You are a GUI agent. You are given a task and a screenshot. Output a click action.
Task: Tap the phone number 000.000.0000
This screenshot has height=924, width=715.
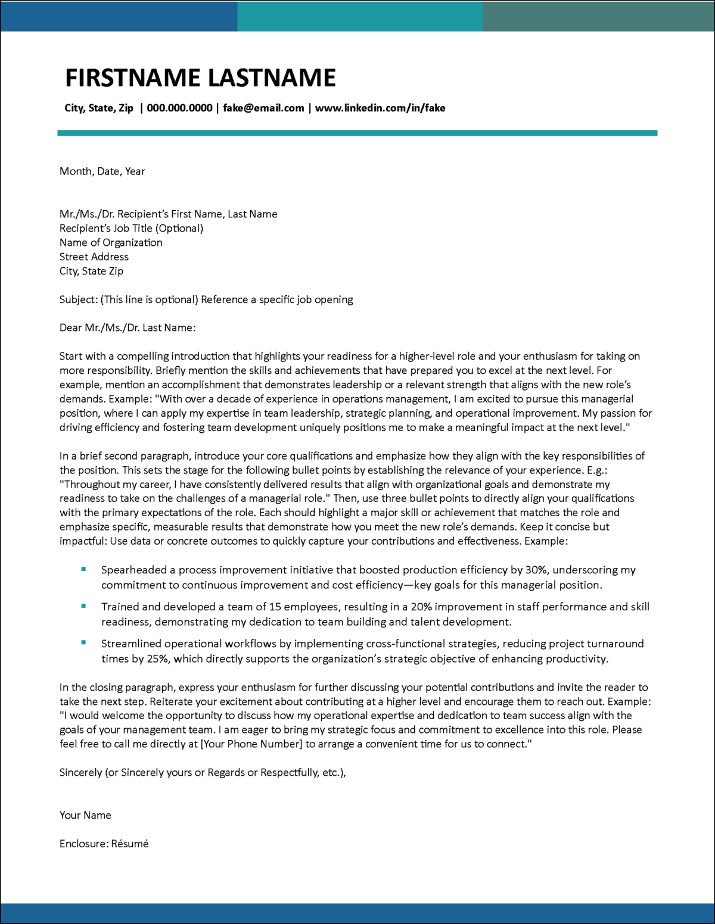pos(179,108)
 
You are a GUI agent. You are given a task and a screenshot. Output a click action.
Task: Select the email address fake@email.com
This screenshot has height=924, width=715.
pos(263,108)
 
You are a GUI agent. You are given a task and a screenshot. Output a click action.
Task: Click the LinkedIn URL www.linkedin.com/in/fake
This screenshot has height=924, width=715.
pos(380,108)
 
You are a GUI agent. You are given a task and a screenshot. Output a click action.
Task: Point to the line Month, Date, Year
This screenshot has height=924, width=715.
pos(102,171)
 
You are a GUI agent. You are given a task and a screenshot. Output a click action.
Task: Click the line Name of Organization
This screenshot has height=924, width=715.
pos(111,242)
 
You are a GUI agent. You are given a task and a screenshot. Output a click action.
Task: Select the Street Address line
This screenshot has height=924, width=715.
pos(94,257)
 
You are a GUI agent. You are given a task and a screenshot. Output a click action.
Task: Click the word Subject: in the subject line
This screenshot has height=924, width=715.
pos(79,299)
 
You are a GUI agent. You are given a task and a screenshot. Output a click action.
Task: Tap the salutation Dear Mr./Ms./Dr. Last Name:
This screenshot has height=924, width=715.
pos(128,327)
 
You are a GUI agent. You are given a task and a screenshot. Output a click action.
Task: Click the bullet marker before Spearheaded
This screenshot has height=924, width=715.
pos(83,570)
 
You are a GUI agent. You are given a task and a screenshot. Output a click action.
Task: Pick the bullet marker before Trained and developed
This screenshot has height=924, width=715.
pos(83,606)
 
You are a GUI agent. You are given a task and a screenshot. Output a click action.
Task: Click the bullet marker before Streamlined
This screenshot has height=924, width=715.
pos(83,643)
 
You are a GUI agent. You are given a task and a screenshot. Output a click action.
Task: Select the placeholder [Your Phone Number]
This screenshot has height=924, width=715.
pos(251,744)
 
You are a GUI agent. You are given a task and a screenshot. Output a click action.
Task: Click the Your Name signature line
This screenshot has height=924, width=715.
pos(85,815)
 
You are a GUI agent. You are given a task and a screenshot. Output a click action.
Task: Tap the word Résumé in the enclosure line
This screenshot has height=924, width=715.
pos(129,844)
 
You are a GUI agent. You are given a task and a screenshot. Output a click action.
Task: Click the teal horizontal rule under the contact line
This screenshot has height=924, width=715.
pos(357,133)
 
